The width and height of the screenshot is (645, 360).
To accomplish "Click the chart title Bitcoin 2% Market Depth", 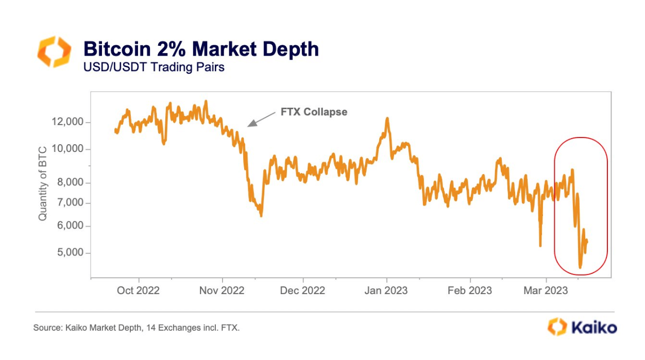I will point(201,49).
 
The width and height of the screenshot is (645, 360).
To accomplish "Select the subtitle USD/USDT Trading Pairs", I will point(154,67).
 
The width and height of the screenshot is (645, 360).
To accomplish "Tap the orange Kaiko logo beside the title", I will point(54,52).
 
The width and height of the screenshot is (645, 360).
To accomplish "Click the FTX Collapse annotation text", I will point(313,112).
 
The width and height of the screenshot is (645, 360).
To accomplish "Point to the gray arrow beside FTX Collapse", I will point(262,118).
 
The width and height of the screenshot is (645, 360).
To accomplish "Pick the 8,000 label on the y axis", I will point(67,183).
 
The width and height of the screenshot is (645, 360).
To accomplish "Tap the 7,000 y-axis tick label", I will point(67,203).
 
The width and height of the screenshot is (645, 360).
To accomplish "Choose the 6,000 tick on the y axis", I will point(67,226).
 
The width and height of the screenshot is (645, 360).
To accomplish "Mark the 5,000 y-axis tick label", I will point(67,253).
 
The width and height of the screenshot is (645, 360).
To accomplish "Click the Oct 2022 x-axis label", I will point(139,290).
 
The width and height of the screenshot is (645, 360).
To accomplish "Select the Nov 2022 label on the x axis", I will point(222,290).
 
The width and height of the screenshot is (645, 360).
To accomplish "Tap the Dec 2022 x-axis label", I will point(302,290).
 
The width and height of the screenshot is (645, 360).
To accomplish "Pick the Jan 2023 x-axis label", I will point(386,290).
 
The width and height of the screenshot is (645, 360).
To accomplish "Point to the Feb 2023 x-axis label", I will point(469,290).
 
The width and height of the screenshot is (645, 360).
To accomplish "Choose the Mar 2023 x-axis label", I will point(545,290).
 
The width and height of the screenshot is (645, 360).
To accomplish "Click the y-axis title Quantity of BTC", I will point(43,183).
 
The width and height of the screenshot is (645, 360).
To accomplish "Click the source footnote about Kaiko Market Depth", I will point(137,328).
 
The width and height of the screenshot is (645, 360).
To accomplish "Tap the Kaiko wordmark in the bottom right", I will point(592,327).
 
